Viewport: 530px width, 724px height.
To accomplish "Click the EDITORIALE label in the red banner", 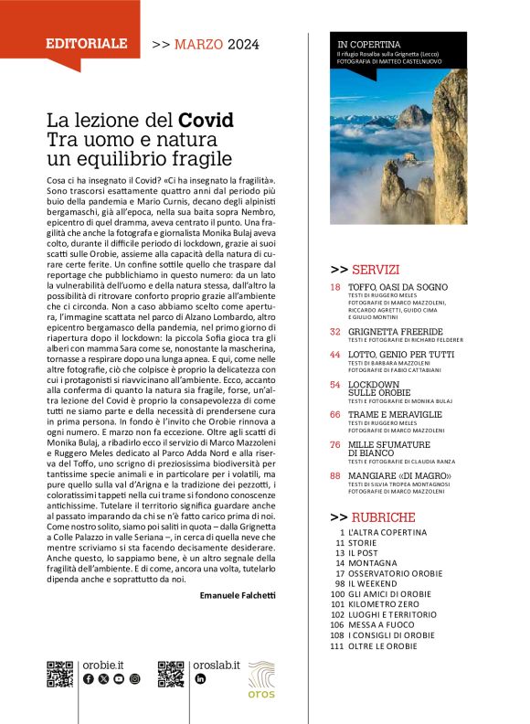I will click(x=87, y=43).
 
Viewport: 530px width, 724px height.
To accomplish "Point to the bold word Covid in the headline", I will click(x=206, y=120).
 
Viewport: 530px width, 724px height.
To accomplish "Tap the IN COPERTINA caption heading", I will click(x=369, y=43).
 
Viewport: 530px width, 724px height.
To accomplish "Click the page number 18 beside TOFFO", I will click(x=335, y=287).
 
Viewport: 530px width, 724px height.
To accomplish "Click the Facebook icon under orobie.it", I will click(x=88, y=679).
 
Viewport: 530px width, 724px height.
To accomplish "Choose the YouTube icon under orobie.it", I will click(x=119, y=679).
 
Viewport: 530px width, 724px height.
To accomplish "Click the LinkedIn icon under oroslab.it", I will click(x=200, y=679).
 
